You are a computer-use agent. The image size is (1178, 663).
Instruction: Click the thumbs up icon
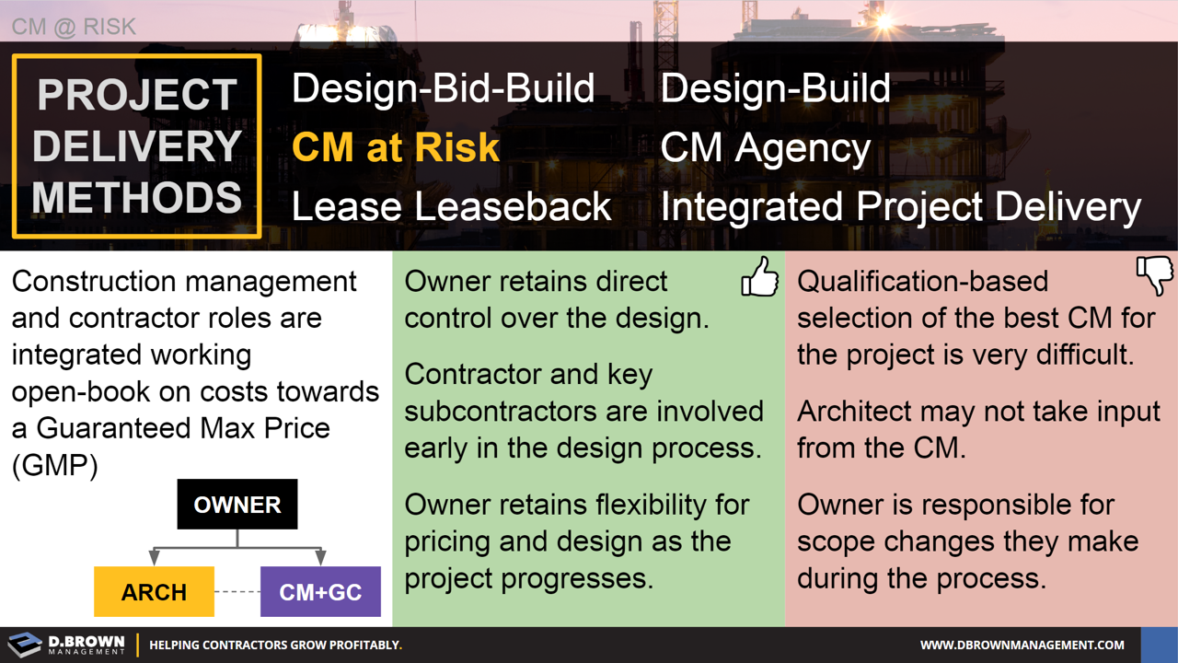(760, 276)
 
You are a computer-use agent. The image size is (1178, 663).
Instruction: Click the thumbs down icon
(1155, 275)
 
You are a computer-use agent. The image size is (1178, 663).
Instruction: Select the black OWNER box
(237, 505)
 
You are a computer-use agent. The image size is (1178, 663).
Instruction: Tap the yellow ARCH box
(154, 592)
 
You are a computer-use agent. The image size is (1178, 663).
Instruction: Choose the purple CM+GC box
(320, 592)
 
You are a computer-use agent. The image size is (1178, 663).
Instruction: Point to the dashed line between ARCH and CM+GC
(237, 592)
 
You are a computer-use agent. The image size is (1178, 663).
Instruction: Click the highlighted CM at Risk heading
(396, 147)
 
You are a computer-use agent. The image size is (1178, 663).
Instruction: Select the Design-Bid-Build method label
(443, 88)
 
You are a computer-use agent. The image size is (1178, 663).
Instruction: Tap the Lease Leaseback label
(451, 206)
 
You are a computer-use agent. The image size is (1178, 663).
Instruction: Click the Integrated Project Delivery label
(900, 206)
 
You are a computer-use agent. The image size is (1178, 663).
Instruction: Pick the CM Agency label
(765, 147)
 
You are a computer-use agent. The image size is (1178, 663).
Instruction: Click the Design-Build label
(775, 88)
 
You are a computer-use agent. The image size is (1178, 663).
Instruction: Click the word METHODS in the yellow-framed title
(138, 198)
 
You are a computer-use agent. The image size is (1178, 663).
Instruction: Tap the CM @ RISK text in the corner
(74, 27)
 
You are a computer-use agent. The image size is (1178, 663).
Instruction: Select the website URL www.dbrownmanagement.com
(1022, 645)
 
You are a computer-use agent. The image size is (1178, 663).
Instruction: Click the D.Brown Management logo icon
(25, 645)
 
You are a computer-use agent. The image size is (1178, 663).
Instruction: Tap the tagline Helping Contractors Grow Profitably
(275, 645)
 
